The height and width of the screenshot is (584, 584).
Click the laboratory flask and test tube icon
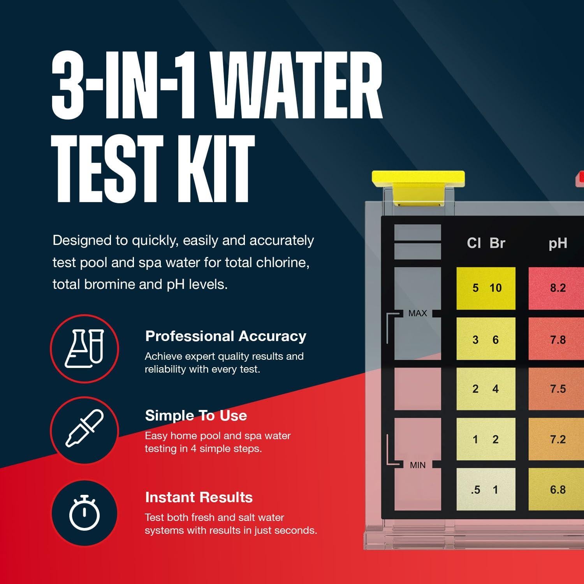84,348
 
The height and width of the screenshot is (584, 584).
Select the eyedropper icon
84,429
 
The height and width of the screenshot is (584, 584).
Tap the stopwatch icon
84,513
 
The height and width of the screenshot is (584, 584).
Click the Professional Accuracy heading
225,336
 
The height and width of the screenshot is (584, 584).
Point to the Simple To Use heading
196,415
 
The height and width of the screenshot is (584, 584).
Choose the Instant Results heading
199,497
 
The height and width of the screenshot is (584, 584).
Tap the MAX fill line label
417,313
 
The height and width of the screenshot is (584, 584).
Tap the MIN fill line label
417,465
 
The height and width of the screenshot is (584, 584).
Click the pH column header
558,243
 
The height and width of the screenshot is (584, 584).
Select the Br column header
497,243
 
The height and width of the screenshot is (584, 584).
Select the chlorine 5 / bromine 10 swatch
486,288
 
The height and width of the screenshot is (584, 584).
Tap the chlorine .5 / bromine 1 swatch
486,489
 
